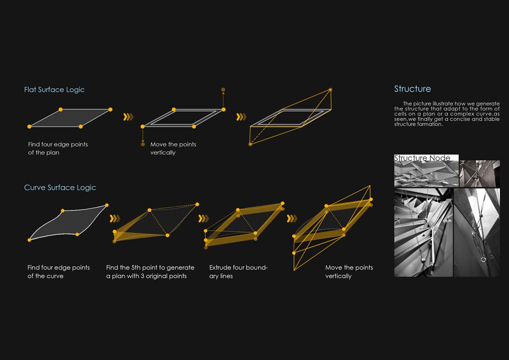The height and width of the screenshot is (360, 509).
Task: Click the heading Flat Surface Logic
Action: pyautogui.click(x=54, y=90)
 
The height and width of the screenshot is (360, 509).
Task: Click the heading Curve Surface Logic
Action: pyautogui.click(x=60, y=188)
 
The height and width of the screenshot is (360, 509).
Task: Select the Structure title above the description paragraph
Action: pyautogui.click(x=412, y=89)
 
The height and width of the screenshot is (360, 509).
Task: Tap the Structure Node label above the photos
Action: pyautogui.click(x=422, y=158)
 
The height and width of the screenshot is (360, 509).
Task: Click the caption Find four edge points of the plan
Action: pyautogui.click(x=58, y=148)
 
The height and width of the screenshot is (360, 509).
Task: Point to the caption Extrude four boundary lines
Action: pyautogui.click(x=238, y=272)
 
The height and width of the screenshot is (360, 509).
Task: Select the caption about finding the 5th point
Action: pyautogui.click(x=150, y=272)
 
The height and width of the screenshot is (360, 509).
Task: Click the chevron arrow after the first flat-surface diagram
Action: pyautogui.click(x=128, y=117)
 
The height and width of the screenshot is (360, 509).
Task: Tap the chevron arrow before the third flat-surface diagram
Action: pyautogui.click(x=241, y=117)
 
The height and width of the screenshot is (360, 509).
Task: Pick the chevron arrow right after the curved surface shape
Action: pyautogui.click(x=115, y=219)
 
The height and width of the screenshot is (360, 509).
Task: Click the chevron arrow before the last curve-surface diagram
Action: pyautogui.click(x=292, y=219)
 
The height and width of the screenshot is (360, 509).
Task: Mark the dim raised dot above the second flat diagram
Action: pyautogui.click(x=223, y=90)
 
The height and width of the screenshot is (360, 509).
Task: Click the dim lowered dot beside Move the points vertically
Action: pyautogui.click(x=143, y=144)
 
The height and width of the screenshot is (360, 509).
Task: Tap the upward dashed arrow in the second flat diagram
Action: pyautogui.click(x=223, y=99)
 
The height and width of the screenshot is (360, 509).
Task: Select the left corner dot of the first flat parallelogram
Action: pyautogui.click(x=29, y=127)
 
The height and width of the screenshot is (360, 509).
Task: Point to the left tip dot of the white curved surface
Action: pyautogui.click(x=29, y=240)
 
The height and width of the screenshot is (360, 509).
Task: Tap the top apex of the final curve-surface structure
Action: pyautogui.click(x=370, y=186)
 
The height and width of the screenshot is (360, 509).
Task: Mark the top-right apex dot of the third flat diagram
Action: pyautogui.click(x=330, y=90)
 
